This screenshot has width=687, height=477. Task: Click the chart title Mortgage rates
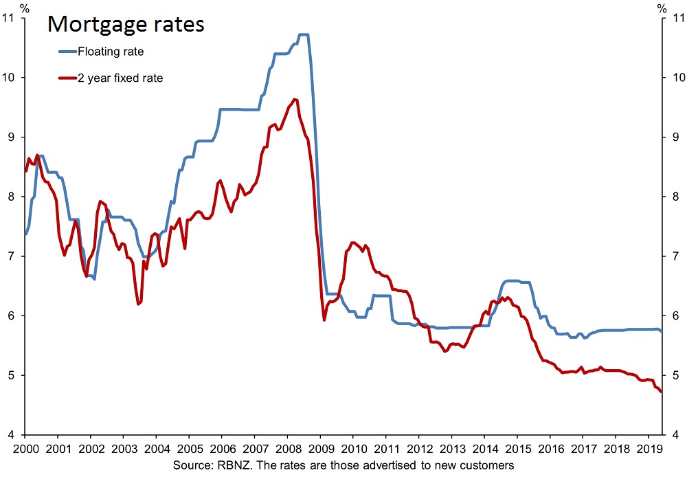(126, 25)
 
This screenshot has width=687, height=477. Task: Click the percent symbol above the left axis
(25, 8)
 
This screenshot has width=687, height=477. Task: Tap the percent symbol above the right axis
(662, 8)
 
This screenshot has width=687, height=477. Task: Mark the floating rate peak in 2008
(303, 34)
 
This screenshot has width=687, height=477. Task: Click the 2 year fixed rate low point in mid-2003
(139, 304)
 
